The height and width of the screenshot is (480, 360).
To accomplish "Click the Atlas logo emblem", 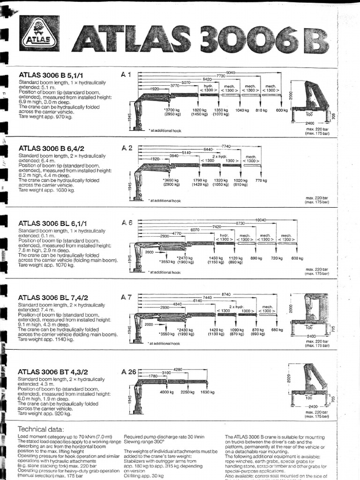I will (x=39, y=33).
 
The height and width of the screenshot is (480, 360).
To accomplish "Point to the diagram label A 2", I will (x=127, y=148).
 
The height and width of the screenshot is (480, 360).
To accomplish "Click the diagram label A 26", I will (x=128, y=372).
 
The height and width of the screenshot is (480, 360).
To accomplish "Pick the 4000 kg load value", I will (x=167, y=392).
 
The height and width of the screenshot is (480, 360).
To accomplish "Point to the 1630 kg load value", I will (x=207, y=392).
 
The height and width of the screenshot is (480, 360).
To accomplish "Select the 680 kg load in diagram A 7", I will (x=277, y=330).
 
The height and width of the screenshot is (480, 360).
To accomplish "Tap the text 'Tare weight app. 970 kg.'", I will (x=45, y=116).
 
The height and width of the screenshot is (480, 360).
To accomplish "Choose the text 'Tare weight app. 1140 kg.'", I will (x=46, y=339).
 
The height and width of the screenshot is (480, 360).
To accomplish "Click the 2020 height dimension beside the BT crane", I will (x=287, y=378).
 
